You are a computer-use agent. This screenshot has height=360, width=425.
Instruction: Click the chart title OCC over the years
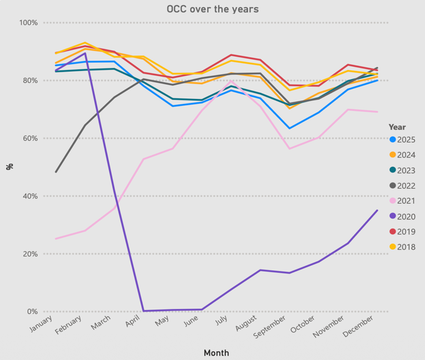pyautogui.click(x=212, y=9)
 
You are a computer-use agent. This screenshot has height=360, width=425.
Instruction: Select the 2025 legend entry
pyautogui.click(x=402, y=140)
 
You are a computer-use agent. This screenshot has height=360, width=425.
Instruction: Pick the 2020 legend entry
pyautogui.click(x=402, y=217)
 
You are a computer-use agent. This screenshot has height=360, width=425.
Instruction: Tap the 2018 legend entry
pyautogui.click(x=402, y=247)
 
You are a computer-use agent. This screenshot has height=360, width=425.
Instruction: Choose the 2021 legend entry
pyautogui.click(x=402, y=201)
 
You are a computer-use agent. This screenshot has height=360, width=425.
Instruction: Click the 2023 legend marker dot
pyautogui.click(x=392, y=171)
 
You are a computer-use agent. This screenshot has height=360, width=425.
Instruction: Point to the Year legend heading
pyautogui.click(x=397, y=127)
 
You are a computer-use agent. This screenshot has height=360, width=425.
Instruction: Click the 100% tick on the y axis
pyautogui.click(x=29, y=23)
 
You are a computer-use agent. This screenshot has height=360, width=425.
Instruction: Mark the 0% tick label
pyautogui.click(x=32, y=311)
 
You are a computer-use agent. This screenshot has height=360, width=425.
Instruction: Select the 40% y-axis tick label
pyautogui.click(x=29, y=196)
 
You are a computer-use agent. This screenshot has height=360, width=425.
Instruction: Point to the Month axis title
pyautogui.click(x=216, y=353)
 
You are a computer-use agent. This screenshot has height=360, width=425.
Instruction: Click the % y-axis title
pyautogui.click(x=9, y=166)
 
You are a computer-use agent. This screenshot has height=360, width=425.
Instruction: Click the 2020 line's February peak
pyautogui.click(x=85, y=53)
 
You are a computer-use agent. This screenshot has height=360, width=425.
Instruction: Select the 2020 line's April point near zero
pyautogui.click(x=143, y=311)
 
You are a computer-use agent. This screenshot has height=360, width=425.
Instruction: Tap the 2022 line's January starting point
pyautogui.click(x=56, y=172)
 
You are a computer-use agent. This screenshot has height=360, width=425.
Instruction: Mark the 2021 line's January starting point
pyautogui.click(x=56, y=239)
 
